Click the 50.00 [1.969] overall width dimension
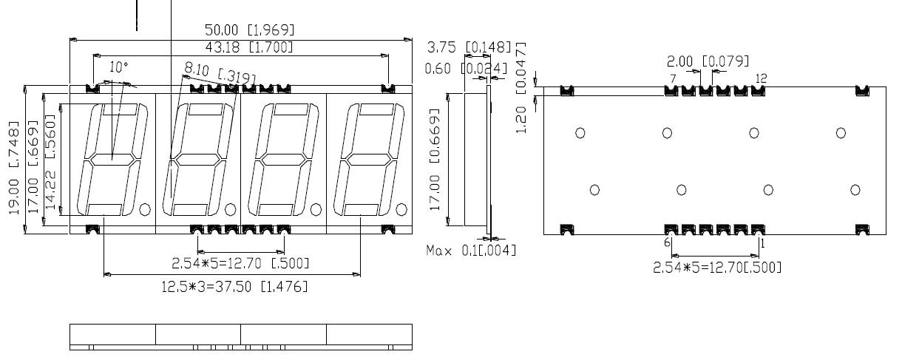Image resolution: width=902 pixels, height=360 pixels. tap(249, 30)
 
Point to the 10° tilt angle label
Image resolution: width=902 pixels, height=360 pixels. tap(118, 67)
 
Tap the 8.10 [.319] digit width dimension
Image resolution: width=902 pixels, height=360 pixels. tap(220, 72)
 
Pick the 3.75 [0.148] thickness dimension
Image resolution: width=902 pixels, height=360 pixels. tap(469, 48)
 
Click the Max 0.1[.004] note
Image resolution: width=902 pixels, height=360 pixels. tap(471, 251)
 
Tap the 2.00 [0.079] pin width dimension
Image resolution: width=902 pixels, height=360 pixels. tap(708, 61)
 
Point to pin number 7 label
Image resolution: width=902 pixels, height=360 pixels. tap(672, 78)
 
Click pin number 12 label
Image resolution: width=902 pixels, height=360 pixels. tap(762, 78)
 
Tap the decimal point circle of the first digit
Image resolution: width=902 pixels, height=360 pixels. tap(145, 208)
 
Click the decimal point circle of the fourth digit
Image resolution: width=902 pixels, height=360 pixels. tap(401, 208)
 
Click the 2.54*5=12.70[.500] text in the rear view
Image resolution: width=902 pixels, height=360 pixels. tap(716, 267)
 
